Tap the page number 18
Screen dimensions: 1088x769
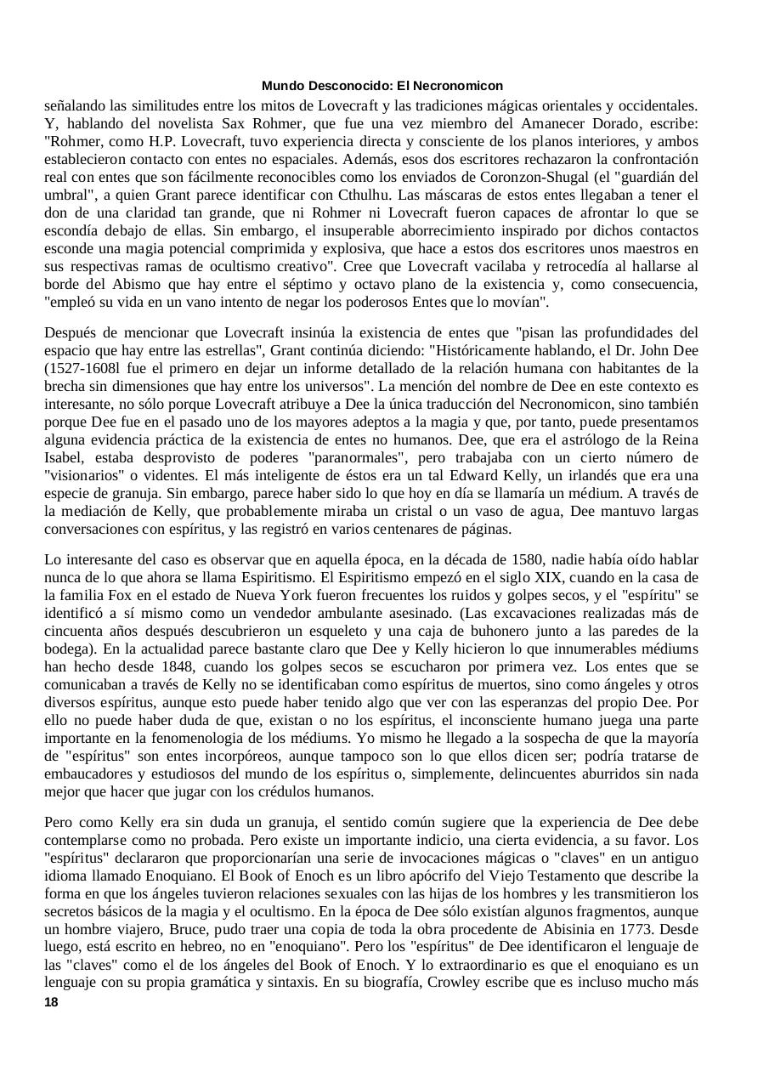click(51, 1002)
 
